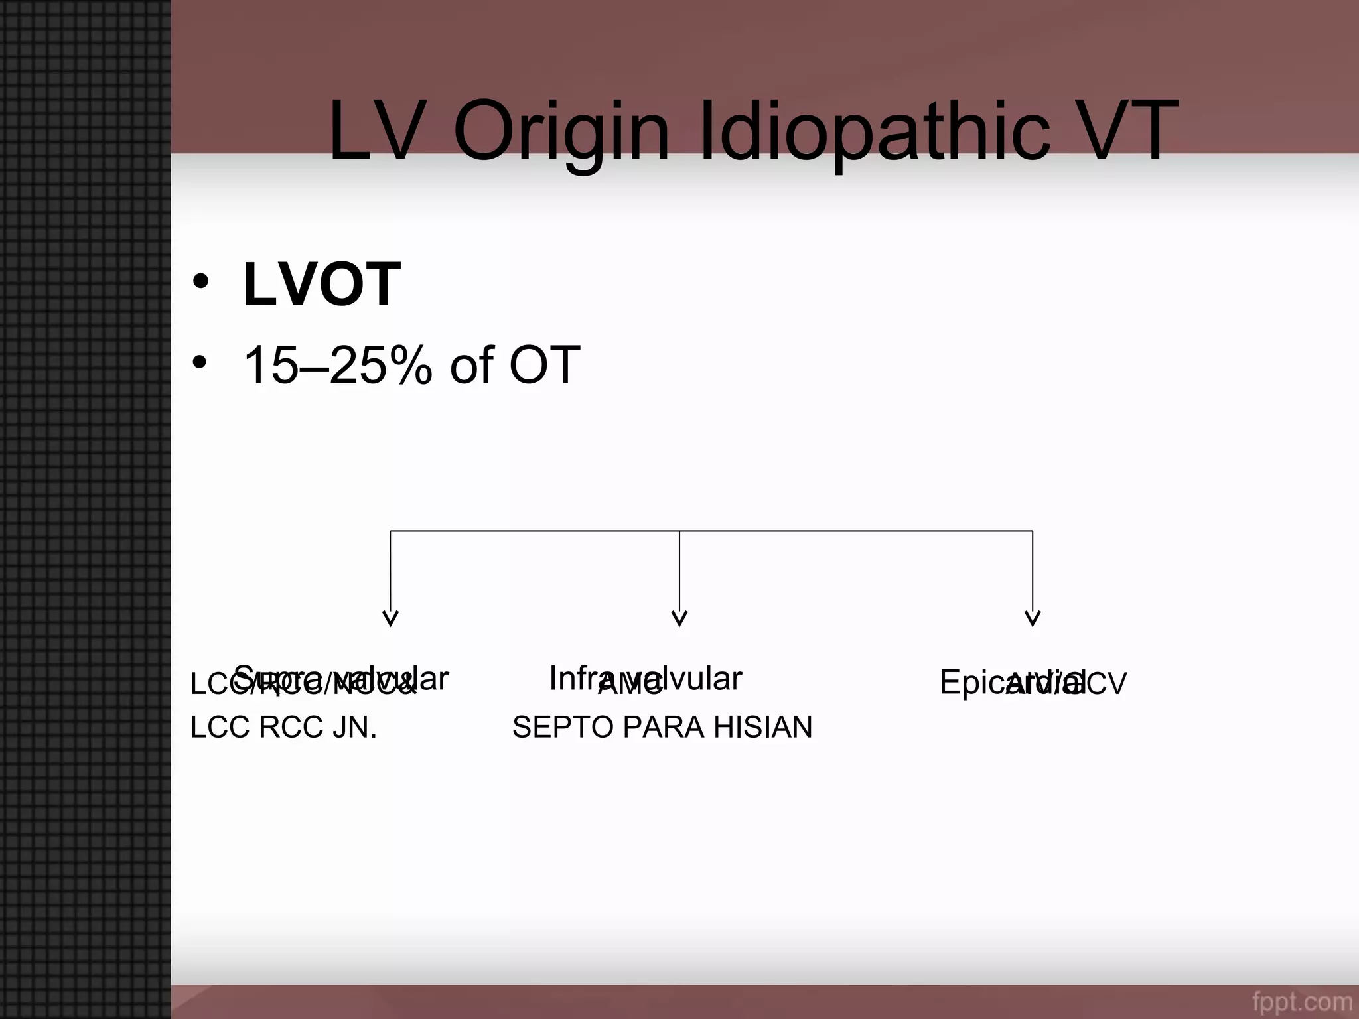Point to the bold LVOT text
(x=322, y=285)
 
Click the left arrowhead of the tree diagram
(x=390, y=618)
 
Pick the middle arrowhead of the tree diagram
(x=679, y=618)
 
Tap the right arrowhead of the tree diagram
(x=1033, y=618)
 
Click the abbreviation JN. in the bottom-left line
(x=355, y=728)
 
